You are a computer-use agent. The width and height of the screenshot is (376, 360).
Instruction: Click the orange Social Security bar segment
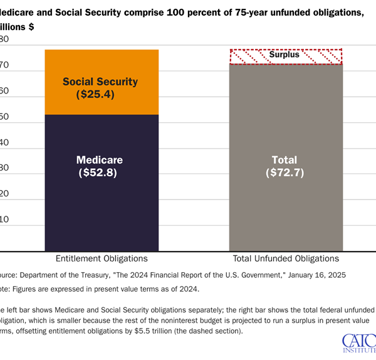coord(100,66)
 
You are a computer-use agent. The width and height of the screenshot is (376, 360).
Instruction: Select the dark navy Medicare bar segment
coord(100,207)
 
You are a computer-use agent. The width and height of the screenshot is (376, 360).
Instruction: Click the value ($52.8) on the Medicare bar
coord(100,172)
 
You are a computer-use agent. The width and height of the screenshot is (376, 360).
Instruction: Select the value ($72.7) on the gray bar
coord(285,172)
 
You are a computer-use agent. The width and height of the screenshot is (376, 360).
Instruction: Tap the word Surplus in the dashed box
coord(285,55)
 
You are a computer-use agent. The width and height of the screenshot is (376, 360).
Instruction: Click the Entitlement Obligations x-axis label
coord(100,258)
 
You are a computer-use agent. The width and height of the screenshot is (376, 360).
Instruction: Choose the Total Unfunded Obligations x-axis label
coord(285,258)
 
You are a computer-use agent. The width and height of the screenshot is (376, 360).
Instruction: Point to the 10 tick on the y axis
coord(4,220)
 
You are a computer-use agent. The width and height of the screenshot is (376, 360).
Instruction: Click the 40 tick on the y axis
coord(4,142)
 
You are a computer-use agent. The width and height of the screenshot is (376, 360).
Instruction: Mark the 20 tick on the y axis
coord(4,194)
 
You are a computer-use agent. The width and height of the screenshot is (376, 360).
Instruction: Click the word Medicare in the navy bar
coord(100,159)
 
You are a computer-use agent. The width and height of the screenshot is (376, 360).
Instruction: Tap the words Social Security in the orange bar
coord(100,82)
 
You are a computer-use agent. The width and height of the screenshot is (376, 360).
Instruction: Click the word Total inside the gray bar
coord(285,159)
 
